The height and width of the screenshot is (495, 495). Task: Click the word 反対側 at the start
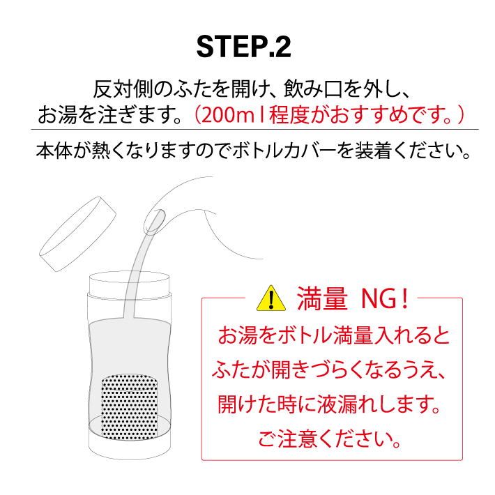[119, 91]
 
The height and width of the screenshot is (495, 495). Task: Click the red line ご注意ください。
[330, 440]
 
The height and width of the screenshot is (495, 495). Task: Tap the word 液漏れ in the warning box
[342, 404]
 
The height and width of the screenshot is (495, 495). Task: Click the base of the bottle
[130, 450]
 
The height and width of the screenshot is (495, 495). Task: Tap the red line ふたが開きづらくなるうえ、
[330, 370]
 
